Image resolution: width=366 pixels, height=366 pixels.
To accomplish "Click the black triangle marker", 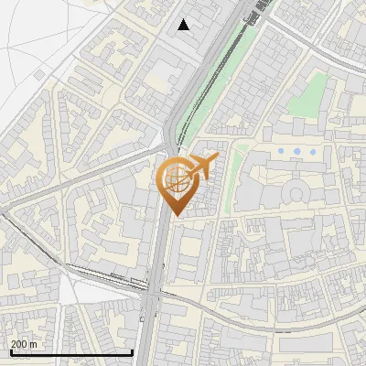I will click(184, 25).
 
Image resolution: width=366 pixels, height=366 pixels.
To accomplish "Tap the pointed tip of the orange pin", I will click(175, 216).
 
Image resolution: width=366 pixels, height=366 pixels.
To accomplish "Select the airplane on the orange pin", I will click(202, 167).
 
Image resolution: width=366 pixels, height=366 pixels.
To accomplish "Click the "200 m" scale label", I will click(24, 344).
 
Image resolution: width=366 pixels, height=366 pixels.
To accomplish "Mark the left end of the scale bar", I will click(10, 352).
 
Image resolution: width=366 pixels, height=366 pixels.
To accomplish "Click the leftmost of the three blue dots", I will click(281, 150).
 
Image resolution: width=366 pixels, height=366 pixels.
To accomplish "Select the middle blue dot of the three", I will click(296, 150).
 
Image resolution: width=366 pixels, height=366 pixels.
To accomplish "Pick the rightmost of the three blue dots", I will click(312, 150).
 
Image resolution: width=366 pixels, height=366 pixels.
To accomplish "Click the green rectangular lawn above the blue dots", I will click(316, 91).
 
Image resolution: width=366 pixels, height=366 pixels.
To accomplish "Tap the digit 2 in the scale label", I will click(14, 344).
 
